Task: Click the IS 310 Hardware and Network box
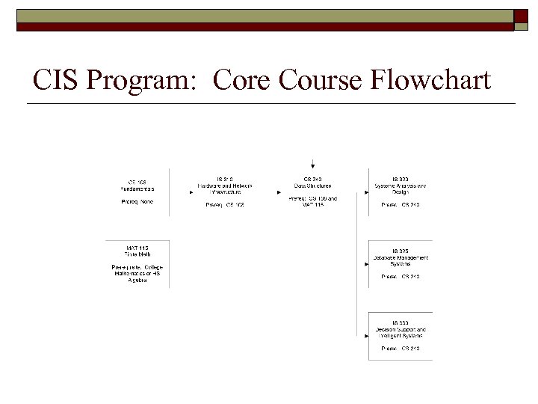[225, 192]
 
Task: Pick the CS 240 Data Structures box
[313, 192]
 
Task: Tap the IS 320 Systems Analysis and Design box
[400, 192]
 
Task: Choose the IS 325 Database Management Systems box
[400, 263]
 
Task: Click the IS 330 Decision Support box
[400, 336]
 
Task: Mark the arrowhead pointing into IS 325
[366, 264]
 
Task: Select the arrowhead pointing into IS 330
[366, 336]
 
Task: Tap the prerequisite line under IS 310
[225, 204]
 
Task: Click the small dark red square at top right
[522, 16]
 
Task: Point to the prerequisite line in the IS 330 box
[401, 349]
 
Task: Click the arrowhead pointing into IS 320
[366, 192]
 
